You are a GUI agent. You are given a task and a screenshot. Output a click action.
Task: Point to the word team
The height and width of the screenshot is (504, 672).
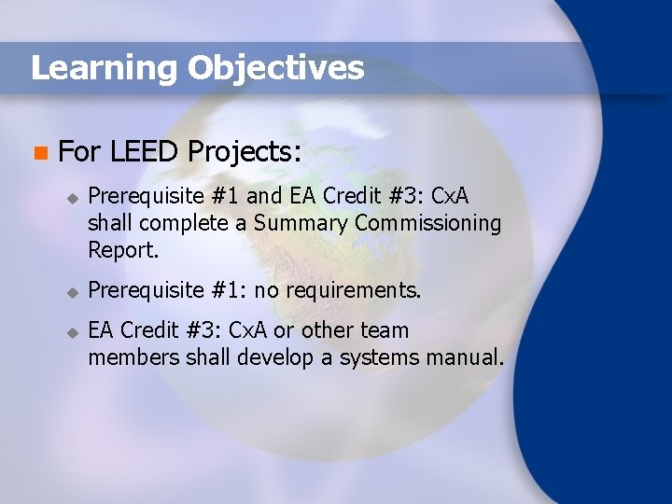click(x=384, y=330)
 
